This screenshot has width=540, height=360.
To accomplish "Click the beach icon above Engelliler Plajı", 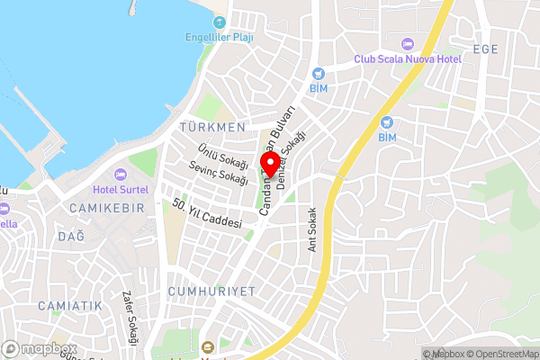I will [219, 22].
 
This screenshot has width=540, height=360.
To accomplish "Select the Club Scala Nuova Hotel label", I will [408, 59].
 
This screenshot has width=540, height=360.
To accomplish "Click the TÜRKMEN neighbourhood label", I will [212, 128].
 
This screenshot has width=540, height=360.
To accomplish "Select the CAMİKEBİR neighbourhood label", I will [106, 208].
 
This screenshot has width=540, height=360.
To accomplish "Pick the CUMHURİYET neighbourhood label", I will [211, 292].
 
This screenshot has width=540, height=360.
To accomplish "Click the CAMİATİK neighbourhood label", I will [70, 306].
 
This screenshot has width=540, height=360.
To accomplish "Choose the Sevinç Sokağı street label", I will [219, 173].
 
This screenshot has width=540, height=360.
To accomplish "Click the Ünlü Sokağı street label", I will [224, 155].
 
